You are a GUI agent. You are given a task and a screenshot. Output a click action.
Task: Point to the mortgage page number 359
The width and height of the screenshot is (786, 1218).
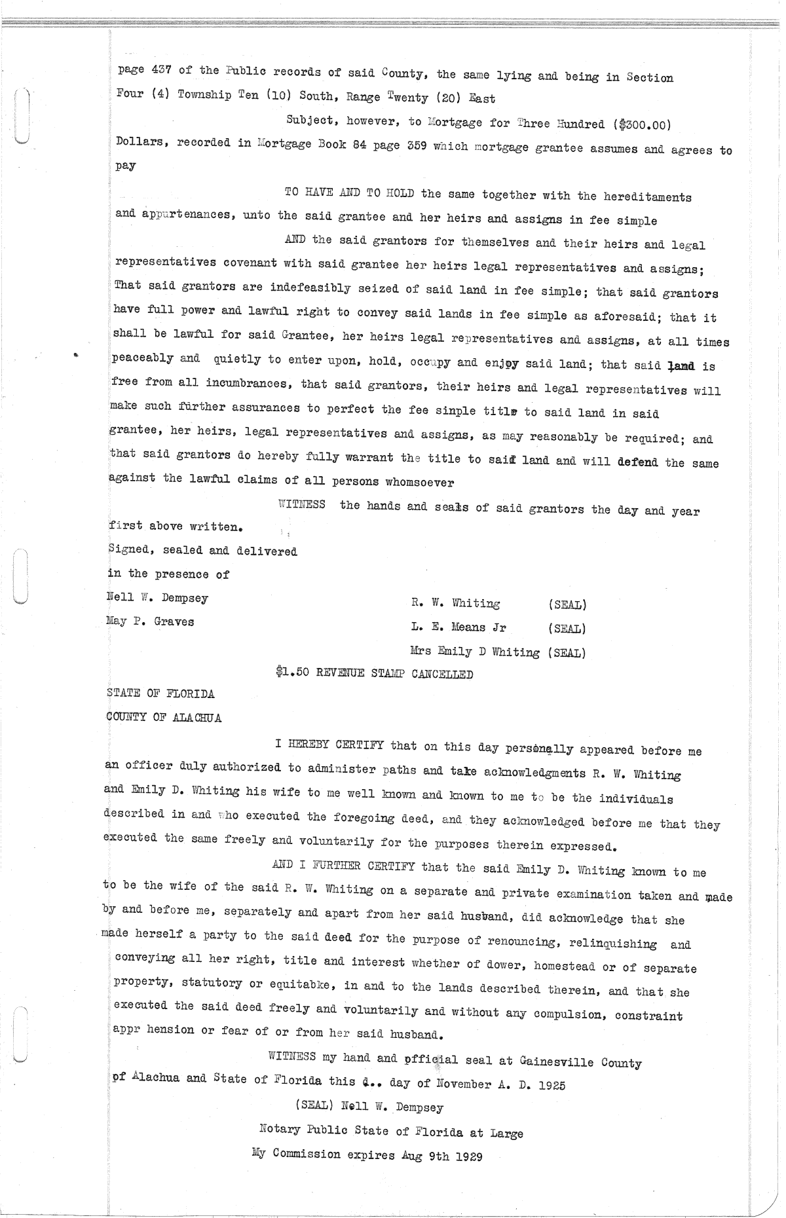(415, 146)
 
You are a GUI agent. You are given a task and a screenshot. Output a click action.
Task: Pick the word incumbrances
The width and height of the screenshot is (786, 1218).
(248, 382)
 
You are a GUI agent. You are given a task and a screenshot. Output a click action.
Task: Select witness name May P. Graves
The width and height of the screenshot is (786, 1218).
(151, 621)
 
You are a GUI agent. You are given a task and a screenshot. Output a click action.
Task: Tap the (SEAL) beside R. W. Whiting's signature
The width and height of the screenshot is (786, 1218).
(567, 604)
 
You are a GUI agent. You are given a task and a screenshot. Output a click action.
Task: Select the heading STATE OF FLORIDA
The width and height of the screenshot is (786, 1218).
(160, 693)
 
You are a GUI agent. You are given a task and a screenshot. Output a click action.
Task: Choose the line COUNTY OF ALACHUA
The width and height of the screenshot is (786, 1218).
(164, 718)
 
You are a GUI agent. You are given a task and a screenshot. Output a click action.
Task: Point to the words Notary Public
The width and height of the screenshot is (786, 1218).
(297, 1129)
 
